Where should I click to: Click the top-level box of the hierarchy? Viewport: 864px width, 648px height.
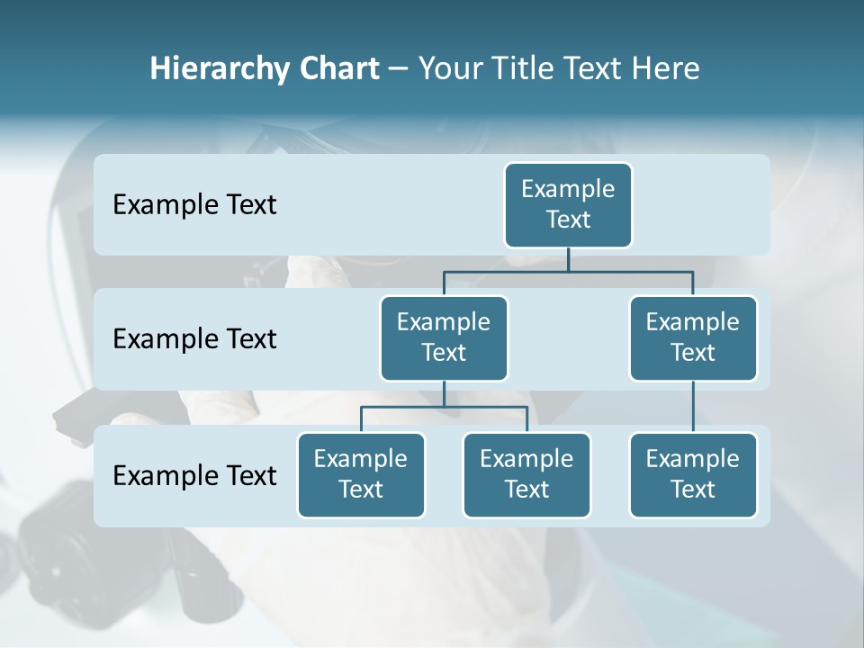568,204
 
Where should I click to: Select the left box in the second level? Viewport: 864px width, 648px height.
444,337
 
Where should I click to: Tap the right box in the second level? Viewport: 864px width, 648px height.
693,337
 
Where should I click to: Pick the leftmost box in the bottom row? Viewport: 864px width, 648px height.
361,474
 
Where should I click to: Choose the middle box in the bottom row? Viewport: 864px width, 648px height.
526,474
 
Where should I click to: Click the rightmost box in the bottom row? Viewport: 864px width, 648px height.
693,474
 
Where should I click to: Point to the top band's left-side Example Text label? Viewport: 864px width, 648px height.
194,204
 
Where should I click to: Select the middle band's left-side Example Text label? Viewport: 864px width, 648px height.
194,338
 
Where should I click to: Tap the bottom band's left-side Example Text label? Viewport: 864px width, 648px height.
194,475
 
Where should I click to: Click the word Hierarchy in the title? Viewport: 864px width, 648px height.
220,69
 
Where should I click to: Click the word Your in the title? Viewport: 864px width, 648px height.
450,68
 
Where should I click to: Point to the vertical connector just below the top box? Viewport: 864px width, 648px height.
568,259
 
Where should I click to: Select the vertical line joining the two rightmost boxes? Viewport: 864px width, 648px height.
693,407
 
